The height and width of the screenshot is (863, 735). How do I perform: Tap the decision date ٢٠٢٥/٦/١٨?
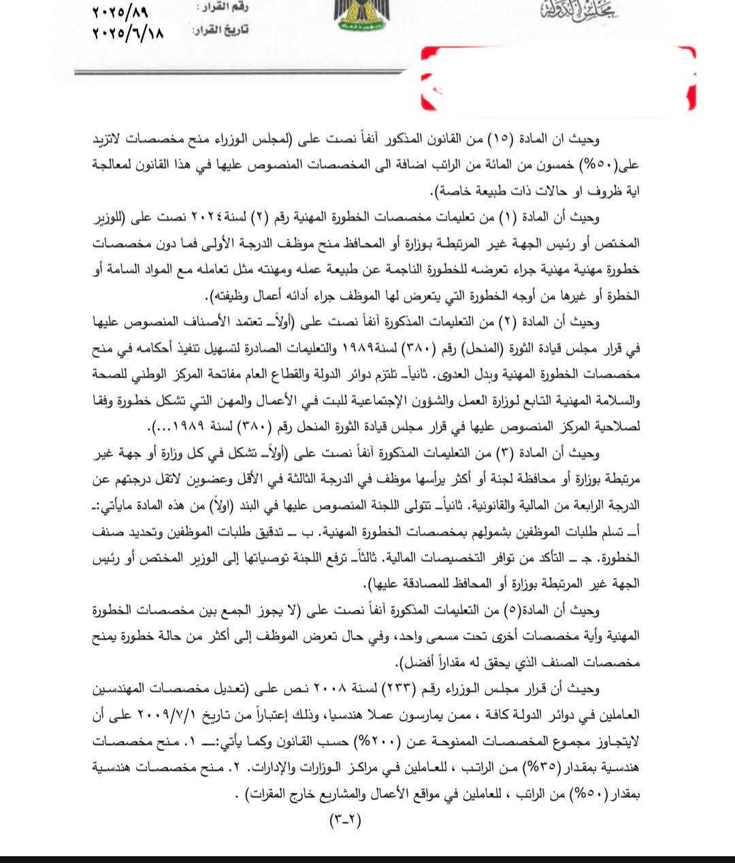(x=128, y=32)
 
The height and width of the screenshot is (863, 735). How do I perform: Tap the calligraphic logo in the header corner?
(x=578, y=10)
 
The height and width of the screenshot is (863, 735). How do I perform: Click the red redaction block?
(x=558, y=78)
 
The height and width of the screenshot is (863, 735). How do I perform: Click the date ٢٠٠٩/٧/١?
(x=165, y=715)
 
